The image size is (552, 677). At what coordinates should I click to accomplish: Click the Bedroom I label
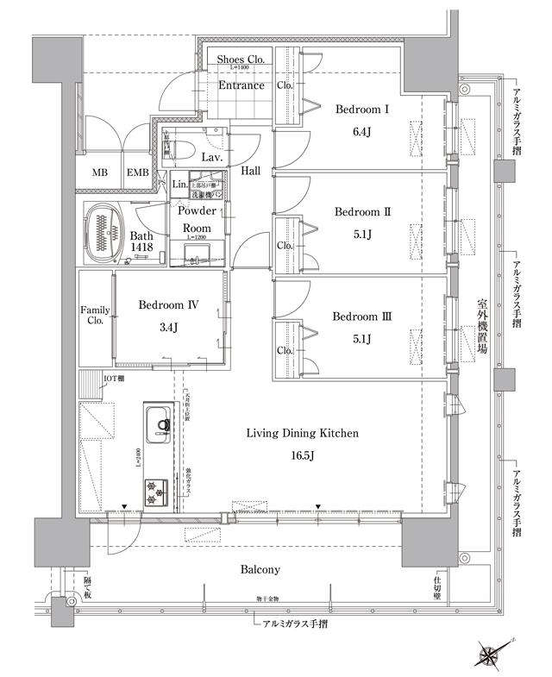tap(363, 110)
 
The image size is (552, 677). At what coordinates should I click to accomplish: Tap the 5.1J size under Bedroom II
tap(363, 233)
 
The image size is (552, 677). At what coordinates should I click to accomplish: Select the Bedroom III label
tap(363, 317)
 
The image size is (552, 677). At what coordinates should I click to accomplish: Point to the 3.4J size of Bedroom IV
tap(170, 327)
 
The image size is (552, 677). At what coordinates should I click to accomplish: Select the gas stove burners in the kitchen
tap(158, 492)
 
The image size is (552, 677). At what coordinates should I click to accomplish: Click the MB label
tap(101, 172)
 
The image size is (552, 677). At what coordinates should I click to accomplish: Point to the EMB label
tap(137, 172)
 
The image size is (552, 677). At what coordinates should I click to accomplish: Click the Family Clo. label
tap(94, 315)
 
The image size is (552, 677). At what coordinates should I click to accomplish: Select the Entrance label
tap(241, 86)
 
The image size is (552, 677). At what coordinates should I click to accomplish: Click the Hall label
tap(250, 171)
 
